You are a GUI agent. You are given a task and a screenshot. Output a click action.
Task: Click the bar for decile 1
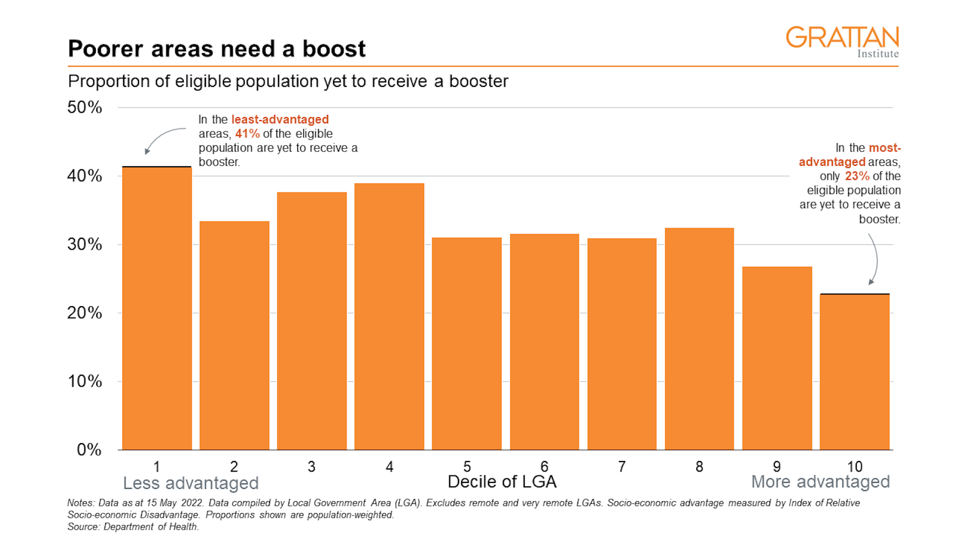[157, 308]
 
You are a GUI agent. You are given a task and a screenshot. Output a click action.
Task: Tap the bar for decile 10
[854, 372]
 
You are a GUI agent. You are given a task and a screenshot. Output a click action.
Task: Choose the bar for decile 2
[234, 335]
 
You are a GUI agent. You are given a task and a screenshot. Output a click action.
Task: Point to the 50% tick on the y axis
[85, 107]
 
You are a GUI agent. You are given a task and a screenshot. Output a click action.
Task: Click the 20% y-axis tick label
[85, 313]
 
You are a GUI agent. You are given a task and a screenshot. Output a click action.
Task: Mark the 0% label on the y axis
[89, 450]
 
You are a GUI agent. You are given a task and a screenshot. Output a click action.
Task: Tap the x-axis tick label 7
[621, 467]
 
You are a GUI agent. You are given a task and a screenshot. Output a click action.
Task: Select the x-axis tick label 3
[311, 467]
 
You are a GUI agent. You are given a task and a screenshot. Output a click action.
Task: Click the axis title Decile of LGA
[502, 482]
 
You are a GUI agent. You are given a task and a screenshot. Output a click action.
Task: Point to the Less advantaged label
[191, 483]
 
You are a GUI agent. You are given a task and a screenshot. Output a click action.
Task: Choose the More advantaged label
[820, 482]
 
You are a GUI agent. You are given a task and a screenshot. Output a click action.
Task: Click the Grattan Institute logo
[842, 42]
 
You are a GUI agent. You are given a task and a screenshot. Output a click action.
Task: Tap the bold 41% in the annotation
[247, 134]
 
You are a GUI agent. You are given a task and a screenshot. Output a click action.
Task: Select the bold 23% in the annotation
[857, 176]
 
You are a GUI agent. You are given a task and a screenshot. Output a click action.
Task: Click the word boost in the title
[334, 49]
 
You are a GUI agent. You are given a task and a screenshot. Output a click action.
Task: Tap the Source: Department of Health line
[133, 527]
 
